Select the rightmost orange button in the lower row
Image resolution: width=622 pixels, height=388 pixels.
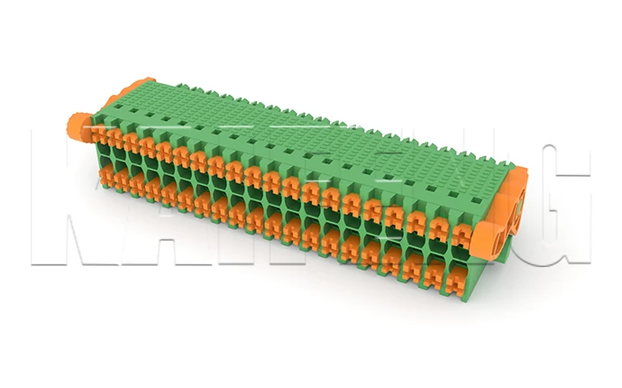(x=461, y=275)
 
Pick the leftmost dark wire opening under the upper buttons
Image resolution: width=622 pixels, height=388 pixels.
(x=96, y=154)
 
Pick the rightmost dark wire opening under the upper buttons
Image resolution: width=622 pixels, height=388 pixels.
(x=461, y=255)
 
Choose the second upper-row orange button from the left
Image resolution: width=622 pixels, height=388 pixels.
(x=112, y=139)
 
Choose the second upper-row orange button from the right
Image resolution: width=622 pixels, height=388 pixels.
(x=440, y=228)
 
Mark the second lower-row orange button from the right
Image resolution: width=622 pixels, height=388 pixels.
(x=439, y=269)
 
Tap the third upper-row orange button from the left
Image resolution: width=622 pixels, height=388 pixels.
(x=129, y=143)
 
